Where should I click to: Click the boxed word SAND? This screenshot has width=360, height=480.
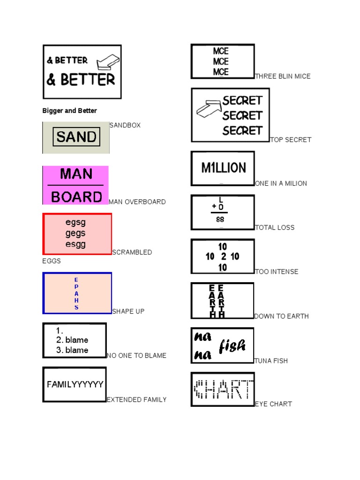(76, 137)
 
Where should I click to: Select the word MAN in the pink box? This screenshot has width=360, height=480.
(76, 174)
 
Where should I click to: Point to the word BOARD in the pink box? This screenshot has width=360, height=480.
(76, 197)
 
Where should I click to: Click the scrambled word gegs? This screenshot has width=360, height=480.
(75, 233)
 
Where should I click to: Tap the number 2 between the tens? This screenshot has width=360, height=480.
(224, 256)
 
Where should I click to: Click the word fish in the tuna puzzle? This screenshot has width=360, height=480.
(232, 346)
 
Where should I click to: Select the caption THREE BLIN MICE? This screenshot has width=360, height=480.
(283, 76)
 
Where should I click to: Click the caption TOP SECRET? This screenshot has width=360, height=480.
(291, 140)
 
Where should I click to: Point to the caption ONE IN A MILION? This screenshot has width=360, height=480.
(281, 183)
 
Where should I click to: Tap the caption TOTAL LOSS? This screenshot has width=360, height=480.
(275, 227)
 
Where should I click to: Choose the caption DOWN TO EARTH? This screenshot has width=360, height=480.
(281, 316)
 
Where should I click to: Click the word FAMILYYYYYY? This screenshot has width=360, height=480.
(75, 384)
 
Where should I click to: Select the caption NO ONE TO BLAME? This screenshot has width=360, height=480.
(136, 355)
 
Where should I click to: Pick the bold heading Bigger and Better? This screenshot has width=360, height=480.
(69, 111)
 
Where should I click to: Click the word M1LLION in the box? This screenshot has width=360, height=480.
(223, 168)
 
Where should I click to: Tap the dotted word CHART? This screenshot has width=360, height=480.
(223, 389)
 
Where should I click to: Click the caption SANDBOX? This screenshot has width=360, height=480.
(125, 125)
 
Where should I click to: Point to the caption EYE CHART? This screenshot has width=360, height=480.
(273, 404)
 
